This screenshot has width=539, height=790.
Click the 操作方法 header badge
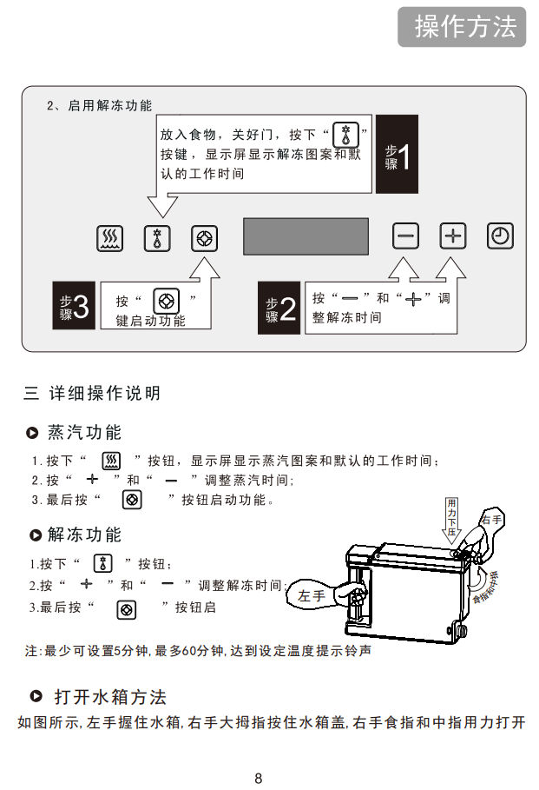click(x=462, y=27)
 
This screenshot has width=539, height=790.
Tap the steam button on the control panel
click(x=109, y=238)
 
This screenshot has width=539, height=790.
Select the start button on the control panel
click(x=204, y=238)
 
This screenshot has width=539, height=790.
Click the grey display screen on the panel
click(x=306, y=236)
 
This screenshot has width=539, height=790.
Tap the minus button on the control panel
click(x=405, y=236)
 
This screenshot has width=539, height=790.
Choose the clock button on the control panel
click(x=500, y=236)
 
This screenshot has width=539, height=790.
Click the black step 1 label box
click(x=397, y=154)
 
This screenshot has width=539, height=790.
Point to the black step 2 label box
click(x=279, y=308)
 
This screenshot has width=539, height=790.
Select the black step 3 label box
click(x=74, y=305)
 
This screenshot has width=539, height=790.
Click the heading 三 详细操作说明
click(x=92, y=393)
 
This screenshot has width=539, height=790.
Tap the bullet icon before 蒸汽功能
click(x=32, y=433)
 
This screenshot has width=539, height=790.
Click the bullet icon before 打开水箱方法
click(x=36, y=696)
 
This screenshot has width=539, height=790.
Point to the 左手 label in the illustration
click(x=312, y=596)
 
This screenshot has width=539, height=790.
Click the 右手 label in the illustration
click(x=491, y=520)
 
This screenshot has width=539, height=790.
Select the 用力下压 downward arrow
click(x=451, y=520)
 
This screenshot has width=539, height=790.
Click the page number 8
click(x=259, y=778)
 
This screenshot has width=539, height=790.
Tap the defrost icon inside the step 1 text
click(x=346, y=135)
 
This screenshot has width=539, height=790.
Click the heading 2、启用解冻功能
click(x=99, y=105)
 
